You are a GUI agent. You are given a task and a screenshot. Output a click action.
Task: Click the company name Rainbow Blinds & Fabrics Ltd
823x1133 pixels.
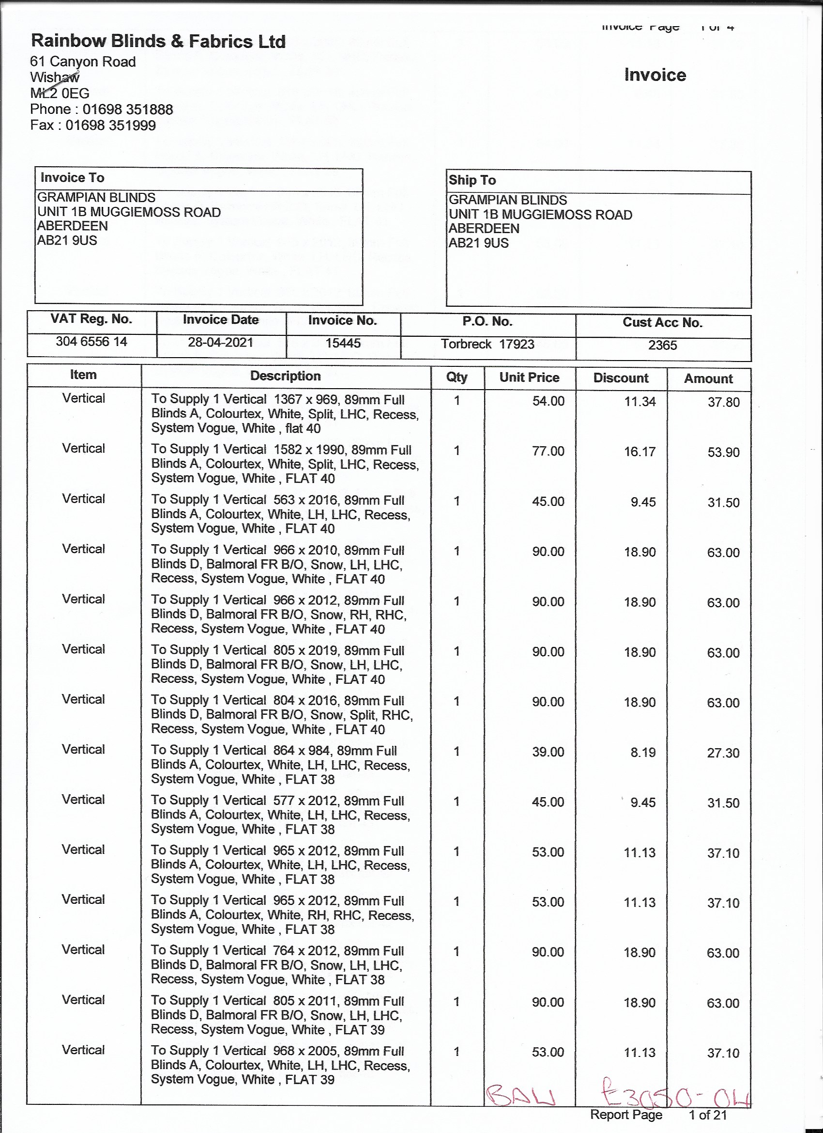coord(158,41)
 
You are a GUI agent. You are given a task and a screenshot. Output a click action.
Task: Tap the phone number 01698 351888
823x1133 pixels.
coord(128,110)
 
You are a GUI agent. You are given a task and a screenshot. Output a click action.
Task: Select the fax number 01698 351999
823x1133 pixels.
coord(111,126)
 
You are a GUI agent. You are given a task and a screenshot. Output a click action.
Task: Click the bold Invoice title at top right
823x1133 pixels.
coord(655,75)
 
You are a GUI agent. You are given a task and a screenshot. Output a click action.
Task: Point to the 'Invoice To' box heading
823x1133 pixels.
coord(72,178)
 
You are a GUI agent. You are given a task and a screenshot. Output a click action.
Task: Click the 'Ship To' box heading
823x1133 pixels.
coord(472,180)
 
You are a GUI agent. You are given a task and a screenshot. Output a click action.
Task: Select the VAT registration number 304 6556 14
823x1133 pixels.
coord(91,342)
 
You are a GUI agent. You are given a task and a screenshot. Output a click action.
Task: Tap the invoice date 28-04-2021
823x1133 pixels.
coord(221,343)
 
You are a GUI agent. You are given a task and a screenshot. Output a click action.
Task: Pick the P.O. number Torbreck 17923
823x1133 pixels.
coord(487,344)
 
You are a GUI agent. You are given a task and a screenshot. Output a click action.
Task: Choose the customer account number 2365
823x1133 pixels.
coord(662,345)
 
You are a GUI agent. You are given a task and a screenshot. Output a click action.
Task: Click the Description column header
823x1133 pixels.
coord(286,376)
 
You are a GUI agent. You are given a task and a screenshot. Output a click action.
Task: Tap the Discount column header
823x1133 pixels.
coord(621,378)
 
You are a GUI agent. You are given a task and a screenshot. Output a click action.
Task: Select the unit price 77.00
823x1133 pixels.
coord(548,451)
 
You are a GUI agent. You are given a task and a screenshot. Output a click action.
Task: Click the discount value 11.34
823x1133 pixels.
coord(640,402)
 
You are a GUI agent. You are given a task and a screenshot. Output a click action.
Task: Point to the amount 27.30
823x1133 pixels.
coord(723,753)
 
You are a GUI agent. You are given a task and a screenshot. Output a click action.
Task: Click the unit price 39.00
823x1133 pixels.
coord(548,752)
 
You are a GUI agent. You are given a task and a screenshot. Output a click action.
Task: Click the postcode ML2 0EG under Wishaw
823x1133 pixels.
coord(60,94)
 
